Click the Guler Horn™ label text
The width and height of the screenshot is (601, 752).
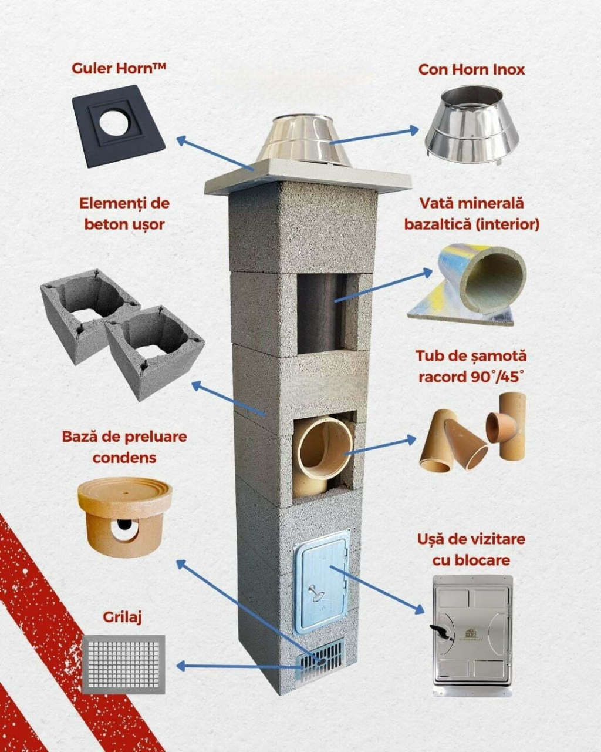pyautogui.click(x=119, y=68)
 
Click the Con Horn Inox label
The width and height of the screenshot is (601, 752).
pyautogui.click(x=471, y=69)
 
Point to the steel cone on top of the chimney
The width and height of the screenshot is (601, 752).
pyautogui.click(x=303, y=141)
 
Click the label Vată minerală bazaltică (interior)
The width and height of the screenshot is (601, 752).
pyautogui.click(x=471, y=213)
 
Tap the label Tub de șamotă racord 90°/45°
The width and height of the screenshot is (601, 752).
pyautogui.click(x=471, y=366)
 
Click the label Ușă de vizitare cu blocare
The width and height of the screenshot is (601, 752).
pyautogui.click(x=471, y=549)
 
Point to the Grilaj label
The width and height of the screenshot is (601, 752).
pyautogui.click(x=123, y=617)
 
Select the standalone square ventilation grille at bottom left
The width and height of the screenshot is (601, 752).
pyautogui.click(x=123, y=664)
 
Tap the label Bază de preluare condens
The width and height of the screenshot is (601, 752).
pyautogui.click(x=124, y=446)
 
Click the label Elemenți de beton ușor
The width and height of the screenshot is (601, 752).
pyautogui.click(x=124, y=213)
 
